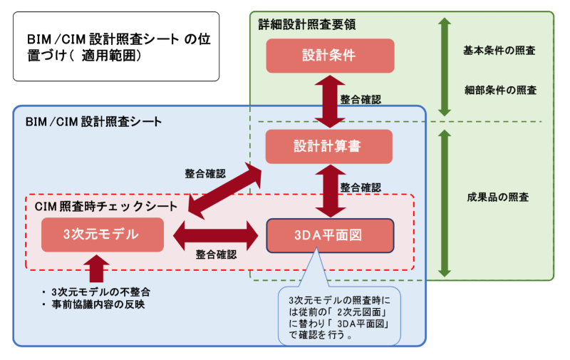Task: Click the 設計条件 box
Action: coord(329,56)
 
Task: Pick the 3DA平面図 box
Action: coord(329,235)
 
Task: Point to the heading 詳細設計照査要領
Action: coord(306,24)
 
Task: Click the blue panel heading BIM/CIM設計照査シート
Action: coord(93,121)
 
